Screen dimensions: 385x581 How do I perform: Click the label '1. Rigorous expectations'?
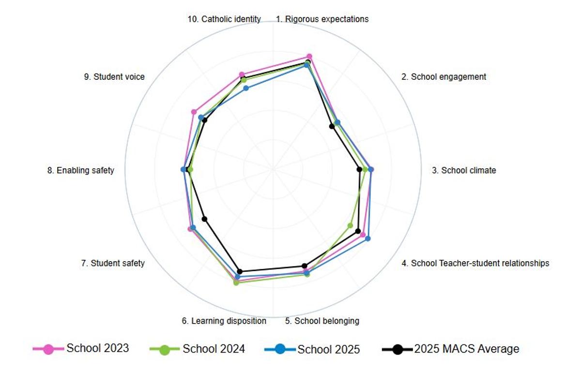click(322, 19)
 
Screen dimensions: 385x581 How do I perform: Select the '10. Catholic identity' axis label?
click(224, 19)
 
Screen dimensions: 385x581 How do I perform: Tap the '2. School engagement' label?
click(443, 76)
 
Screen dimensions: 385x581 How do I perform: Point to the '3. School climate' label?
click(464, 170)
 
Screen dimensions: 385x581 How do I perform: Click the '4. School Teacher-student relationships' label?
click(475, 263)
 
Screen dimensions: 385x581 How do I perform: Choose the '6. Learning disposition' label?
click(224, 321)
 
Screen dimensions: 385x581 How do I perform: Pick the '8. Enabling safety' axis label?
click(80, 170)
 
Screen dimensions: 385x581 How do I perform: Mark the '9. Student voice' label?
click(114, 76)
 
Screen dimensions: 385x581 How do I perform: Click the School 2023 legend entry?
click(80, 349)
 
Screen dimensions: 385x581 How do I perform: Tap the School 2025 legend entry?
click(312, 349)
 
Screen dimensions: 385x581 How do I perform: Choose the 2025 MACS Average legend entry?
click(450, 349)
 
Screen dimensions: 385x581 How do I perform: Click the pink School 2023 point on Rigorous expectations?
click(309, 57)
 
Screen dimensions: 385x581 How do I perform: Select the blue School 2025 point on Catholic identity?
click(246, 88)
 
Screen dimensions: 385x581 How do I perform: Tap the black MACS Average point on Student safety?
click(204, 219)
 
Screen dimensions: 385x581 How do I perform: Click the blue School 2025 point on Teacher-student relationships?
click(367, 238)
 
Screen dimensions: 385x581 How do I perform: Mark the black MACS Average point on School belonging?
click(305, 266)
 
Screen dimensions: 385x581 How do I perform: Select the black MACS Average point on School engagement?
click(332, 126)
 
